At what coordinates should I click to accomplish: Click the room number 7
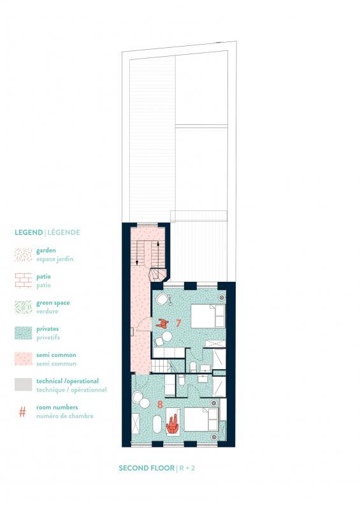[x=178, y=323]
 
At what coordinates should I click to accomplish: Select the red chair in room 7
[x=164, y=323]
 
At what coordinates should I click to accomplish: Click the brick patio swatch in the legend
[x=23, y=280]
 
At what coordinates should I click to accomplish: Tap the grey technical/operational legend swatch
[x=23, y=383]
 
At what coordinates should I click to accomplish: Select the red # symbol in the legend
[x=23, y=412]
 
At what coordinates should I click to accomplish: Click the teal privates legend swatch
[x=23, y=331]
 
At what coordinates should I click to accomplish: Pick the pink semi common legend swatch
[x=23, y=358]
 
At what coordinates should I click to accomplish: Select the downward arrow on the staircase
[x=136, y=261]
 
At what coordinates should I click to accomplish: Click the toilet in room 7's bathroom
[x=192, y=365]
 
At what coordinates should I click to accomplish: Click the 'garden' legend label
[x=47, y=251]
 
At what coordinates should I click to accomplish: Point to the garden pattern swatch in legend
[x=23, y=254]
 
